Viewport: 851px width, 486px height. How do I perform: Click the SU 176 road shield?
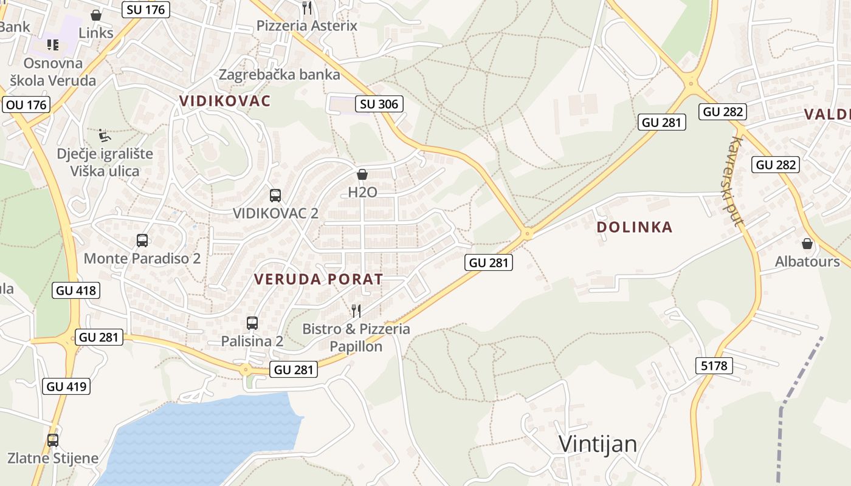pos(145,9)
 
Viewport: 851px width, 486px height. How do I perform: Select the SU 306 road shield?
pos(379,104)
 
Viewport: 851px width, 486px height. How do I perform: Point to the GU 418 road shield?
pos(75,290)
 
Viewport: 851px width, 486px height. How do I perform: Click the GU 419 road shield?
pos(67,386)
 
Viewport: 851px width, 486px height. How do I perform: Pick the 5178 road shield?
pos(714,365)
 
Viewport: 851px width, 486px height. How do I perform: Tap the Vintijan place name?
pos(598,444)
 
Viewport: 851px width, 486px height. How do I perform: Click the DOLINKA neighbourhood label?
pos(634,227)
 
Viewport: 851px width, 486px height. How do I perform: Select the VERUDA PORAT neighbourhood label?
pos(319,279)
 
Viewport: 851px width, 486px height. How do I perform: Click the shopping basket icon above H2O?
pos(362,175)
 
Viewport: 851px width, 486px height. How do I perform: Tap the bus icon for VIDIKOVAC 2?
pos(275,196)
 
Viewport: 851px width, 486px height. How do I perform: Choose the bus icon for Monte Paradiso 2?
pos(142,241)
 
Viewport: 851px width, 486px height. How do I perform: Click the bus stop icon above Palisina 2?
pos(252,323)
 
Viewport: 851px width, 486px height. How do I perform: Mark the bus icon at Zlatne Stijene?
pos(53,440)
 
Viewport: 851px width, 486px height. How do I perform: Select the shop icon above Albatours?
pos(807,244)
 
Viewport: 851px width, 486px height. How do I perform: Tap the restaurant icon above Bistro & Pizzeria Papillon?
pos(356,311)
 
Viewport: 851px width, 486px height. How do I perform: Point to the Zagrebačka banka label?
pos(279,75)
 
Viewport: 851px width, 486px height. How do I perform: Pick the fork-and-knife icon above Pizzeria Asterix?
pos(307,8)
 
